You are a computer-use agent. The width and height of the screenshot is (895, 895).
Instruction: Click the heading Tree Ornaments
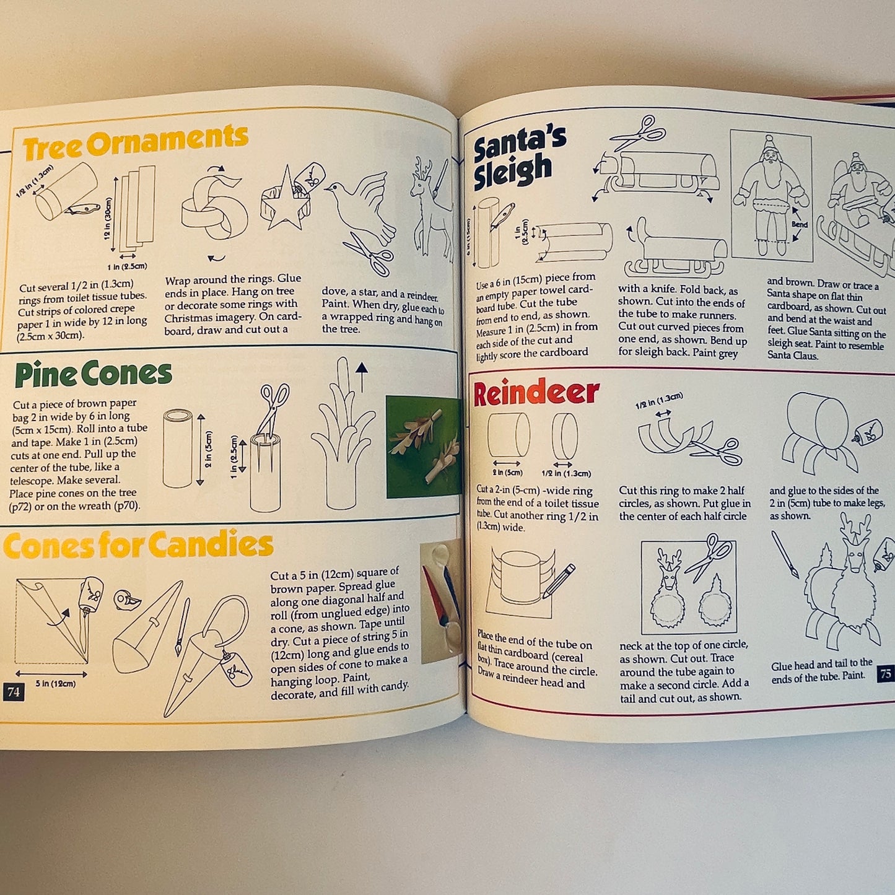tap(135, 142)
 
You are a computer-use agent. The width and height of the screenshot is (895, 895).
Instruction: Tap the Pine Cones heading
tap(94, 374)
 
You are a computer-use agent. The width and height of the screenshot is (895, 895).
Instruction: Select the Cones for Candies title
tap(138, 545)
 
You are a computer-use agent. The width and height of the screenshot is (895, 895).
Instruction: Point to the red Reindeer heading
tap(536, 393)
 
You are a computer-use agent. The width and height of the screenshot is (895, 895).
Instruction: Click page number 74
tap(14, 692)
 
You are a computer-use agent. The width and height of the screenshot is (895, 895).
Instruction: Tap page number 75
tap(885, 673)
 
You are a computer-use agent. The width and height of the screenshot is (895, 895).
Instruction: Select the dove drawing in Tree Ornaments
tap(362, 204)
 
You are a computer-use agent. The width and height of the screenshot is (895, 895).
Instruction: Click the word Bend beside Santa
tap(800, 224)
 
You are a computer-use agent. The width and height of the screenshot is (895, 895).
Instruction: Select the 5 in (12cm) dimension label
tap(55, 683)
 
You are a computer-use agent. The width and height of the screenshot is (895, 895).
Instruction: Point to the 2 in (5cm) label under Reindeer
tap(508, 473)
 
